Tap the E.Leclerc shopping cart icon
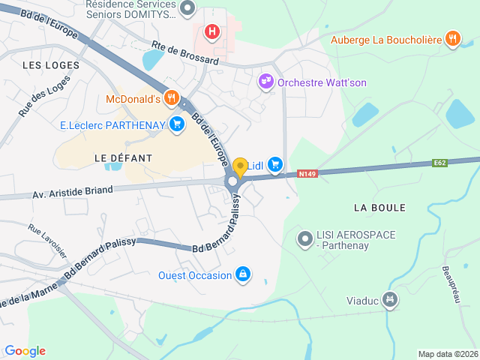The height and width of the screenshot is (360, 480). (x=177, y=124)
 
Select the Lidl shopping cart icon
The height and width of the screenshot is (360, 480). (x=275, y=163)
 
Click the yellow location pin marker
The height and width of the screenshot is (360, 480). (x=240, y=167)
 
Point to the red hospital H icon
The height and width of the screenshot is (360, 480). (x=213, y=32)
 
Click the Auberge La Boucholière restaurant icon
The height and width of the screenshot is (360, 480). (x=452, y=38)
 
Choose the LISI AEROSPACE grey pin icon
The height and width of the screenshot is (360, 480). (x=304, y=240)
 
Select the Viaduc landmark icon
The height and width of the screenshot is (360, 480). (x=389, y=301)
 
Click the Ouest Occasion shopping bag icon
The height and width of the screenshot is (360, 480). (x=243, y=275)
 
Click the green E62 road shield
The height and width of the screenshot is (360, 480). (x=440, y=163)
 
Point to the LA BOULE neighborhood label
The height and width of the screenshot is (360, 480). (x=379, y=207)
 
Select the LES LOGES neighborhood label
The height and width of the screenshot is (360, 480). (x=51, y=65)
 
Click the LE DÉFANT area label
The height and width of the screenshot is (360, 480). (x=123, y=158)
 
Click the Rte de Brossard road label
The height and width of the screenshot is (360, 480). (x=184, y=52)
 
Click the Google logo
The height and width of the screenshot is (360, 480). (x=25, y=350)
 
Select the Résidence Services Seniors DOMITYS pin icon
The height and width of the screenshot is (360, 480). (x=187, y=9)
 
